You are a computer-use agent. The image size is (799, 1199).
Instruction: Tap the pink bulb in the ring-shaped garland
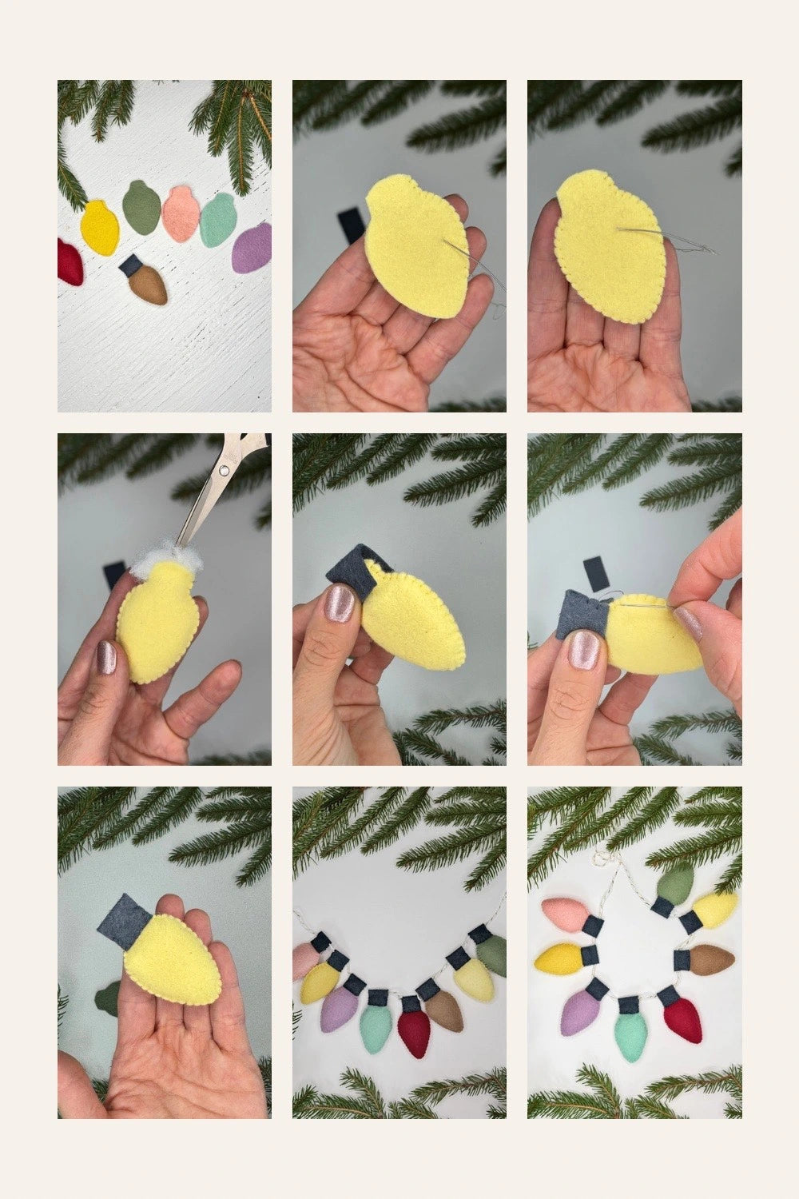(564, 913)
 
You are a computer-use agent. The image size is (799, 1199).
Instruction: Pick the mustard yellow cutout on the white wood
(100, 228)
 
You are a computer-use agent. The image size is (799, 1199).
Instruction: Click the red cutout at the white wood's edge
(69, 260)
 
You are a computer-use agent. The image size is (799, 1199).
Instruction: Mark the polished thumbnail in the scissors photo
(105, 657)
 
